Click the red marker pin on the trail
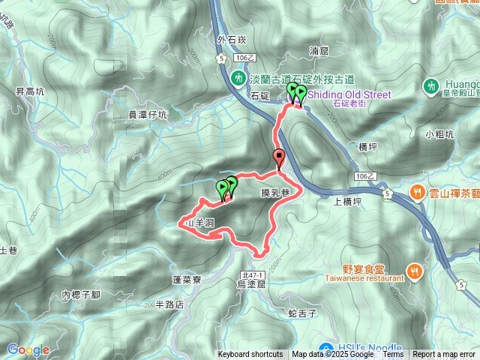coord(280,157)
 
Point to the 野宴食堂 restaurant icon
coord(412,271)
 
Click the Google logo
coord(28,349)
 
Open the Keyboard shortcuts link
coord(250,355)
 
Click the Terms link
coord(392,355)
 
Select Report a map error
coord(444,355)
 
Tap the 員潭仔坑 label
coord(148,115)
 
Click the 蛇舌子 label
coord(302,311)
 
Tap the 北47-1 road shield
coord(250,275)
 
